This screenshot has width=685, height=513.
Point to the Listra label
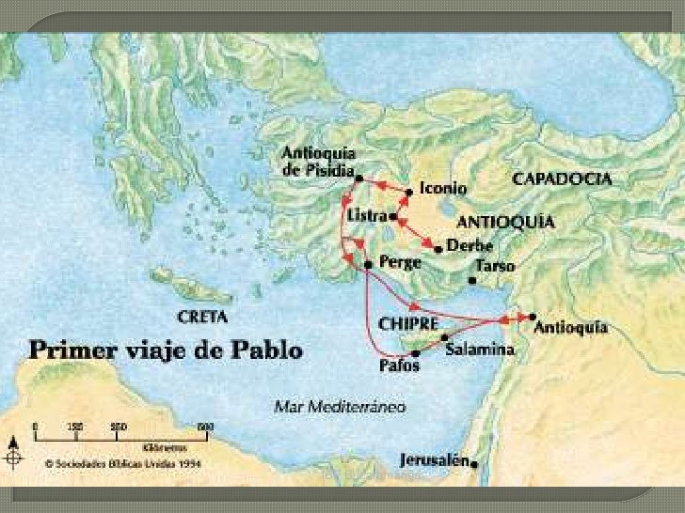(x=365, y=216)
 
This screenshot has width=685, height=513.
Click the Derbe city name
(x=470, y=246)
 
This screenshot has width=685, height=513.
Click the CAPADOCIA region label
(x=562, y=178)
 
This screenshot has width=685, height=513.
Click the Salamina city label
(x=480, y=350)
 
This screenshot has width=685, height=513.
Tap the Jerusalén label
(x=434, y=461)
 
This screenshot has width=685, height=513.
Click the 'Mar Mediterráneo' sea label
(x=340, y=408)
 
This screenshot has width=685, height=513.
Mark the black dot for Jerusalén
(x=475, y=462)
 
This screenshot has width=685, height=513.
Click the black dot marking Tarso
(x=471, y=279)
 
